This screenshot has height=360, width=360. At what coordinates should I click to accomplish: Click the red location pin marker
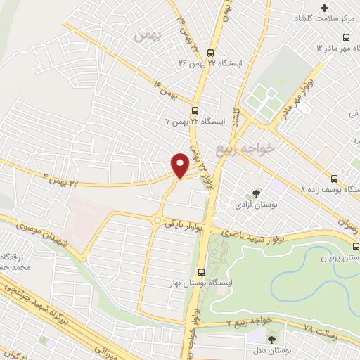180,165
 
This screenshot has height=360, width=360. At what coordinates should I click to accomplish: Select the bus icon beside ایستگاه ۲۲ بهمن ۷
195,110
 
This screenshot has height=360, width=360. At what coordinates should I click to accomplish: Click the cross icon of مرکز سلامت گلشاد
324,7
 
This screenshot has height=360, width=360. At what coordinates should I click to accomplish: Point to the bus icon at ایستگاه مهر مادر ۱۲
345,37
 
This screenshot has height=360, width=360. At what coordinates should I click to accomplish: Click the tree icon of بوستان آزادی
256,193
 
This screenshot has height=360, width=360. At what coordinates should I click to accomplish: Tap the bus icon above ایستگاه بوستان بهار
201,271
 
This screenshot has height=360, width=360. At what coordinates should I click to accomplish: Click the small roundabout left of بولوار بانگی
157,220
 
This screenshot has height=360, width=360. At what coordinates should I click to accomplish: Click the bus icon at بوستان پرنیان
356,246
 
